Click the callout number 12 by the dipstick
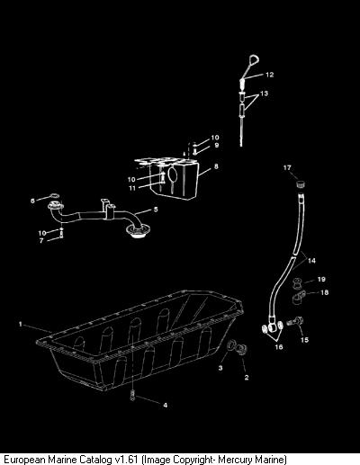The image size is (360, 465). (x=270, y=75)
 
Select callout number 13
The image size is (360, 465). (x=264, y=94)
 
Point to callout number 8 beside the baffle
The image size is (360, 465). (x=216, y=166)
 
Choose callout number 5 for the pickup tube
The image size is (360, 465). (x=156, y=209)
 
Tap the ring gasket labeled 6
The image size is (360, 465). (x=54, y=197)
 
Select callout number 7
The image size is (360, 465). (x=41, y=240)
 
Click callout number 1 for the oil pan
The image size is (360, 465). (x=21, y=324)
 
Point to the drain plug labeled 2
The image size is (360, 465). (x=241, y=350)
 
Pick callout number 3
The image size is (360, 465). (x=220, y=368)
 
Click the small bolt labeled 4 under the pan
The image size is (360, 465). (x=132, y=396)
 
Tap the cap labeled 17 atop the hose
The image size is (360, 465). (x=301, y=183)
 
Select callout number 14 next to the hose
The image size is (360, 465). (x=311, y=261)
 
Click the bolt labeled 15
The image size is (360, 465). (x=295, y=323)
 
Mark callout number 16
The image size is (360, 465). (x=279, y=347)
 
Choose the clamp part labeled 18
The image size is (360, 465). (x=299, y=298)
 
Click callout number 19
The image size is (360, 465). (x=321, y=279)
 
